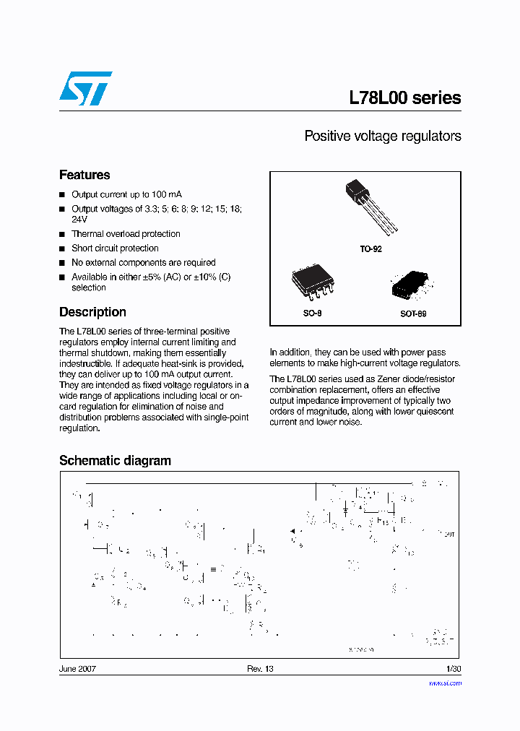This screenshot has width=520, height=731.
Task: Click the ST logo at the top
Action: coord(85,89)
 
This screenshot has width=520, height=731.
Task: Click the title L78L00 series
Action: coord(404,98)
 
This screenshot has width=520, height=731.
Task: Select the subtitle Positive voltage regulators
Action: coord(382,136)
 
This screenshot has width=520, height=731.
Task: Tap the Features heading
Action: coord(84,175)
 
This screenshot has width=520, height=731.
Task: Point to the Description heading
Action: coord(92,312)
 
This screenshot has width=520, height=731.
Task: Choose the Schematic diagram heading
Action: coord(115,461)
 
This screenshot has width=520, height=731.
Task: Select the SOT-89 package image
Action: coord(409,287)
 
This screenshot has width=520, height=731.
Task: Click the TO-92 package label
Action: coord(370,248)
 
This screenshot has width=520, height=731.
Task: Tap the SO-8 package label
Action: coord(311,314)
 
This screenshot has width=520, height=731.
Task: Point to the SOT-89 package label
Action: coord(413,315)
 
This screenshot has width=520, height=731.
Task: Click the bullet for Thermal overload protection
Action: coord(63,234)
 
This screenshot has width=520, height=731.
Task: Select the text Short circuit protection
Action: coord(115,248)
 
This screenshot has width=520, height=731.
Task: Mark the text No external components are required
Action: coord(143,263)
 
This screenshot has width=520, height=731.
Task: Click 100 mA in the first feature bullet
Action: coord(167,195)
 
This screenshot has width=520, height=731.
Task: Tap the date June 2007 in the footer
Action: coord(77,669)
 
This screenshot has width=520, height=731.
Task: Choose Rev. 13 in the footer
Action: coord(260,669)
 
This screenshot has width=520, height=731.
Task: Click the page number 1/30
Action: coord(454,669)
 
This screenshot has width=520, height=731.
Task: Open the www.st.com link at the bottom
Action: coord(445,683)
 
